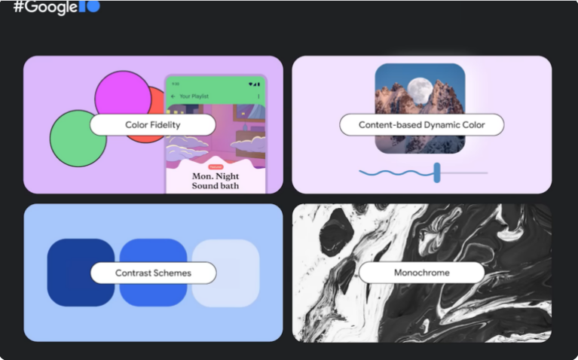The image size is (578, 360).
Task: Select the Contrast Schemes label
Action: point(153,273)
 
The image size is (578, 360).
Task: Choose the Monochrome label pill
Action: point(421,273)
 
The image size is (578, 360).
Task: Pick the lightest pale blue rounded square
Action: point(226,290)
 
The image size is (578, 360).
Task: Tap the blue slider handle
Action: point(437,172)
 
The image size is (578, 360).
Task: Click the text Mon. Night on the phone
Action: point(216,175)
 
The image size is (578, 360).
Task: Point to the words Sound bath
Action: point(216,186)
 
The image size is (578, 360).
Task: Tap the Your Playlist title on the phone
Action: point(195,96)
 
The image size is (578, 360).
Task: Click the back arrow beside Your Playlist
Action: point(173,96)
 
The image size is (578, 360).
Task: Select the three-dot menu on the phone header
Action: point(259,96)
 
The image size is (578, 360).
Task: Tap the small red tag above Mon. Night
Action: point(216,166)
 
